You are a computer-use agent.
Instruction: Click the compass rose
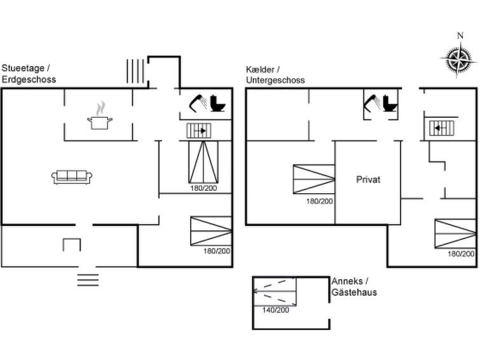(x=458, y=59)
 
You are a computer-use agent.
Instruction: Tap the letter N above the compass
(x=460, y=36)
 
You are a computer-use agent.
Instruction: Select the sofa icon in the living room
(x=72, y=177)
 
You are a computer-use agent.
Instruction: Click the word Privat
(x=368, y=179)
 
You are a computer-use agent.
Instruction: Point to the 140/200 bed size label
(x=275, y=310)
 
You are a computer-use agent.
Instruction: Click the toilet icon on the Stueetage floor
(x=218, y=103)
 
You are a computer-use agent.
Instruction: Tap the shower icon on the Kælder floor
(x=372, y=103)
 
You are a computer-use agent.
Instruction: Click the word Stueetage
(x=23, y=68)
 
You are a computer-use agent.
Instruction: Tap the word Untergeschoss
(x=275, y=80)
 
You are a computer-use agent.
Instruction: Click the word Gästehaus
(x=354, y=293)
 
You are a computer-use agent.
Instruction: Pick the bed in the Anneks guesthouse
(x=275, y=291)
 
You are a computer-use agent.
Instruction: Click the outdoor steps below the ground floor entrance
(x=88, y=280)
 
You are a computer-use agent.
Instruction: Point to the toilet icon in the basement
(x=390, y=103)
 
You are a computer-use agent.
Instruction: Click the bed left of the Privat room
(x=314, y=179)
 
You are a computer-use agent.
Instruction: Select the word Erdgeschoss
(x=29, y=80)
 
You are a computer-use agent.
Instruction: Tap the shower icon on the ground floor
(x=198, y=103)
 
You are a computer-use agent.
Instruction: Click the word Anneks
(x=347, y=281)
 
